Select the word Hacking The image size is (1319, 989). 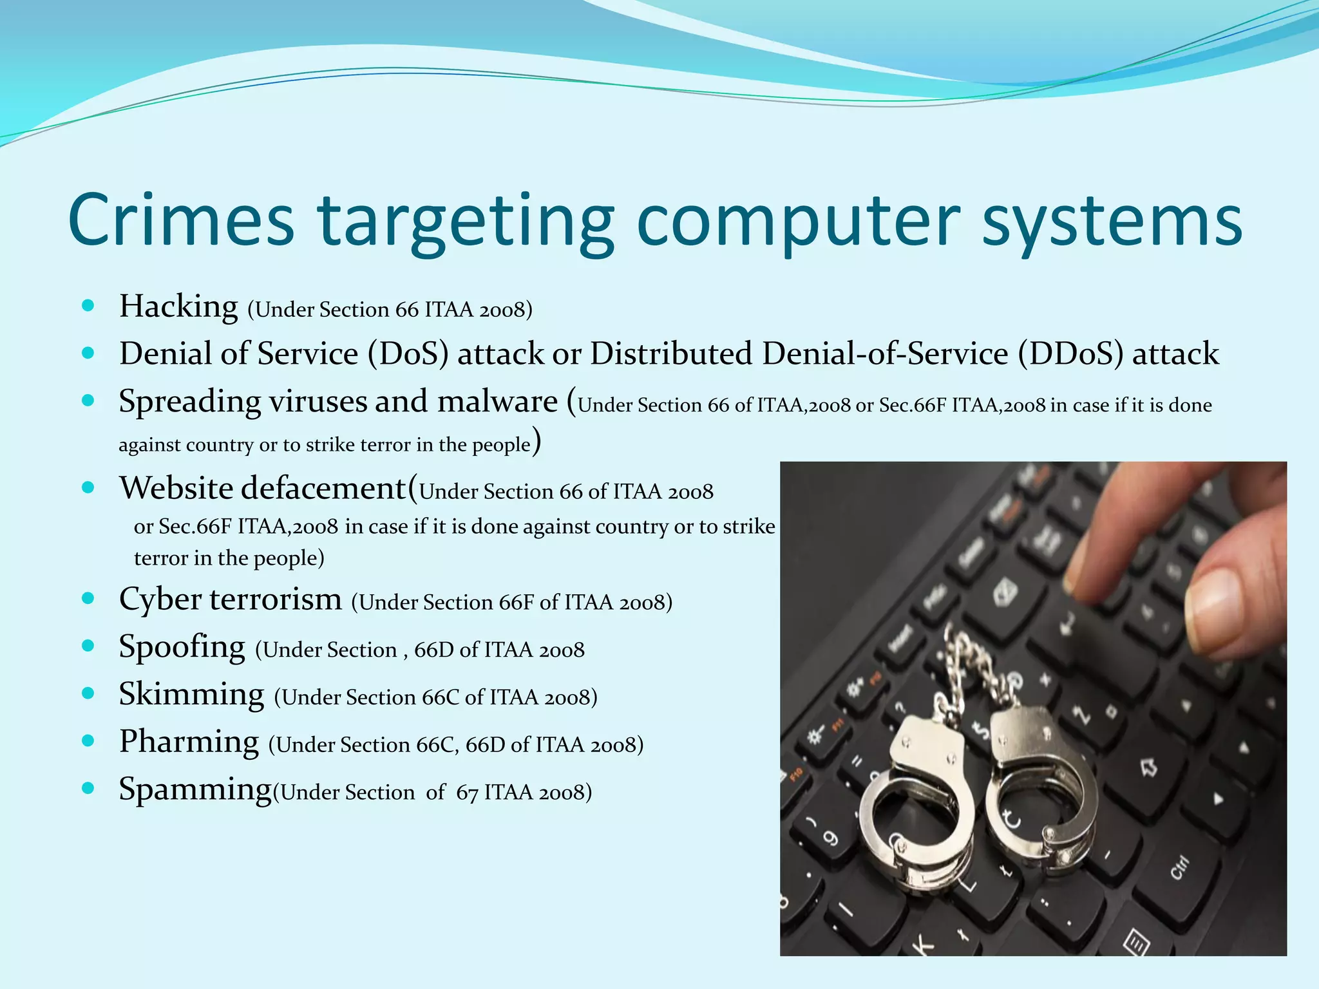[x=178, y=306]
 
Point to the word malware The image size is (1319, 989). [x=497, y=402]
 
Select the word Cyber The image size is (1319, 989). [x=160, y=599]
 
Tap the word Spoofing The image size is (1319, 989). [x=182, y=646]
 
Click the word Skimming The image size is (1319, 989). [x=191, y=694]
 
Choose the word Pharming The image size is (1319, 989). [x=189, y=742]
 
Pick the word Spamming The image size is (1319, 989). [x=195, y=789]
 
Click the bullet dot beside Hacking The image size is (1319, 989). [x=89, y=305]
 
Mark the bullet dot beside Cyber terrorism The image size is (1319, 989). [x=89, y=599]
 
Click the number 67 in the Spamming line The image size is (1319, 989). [x=467, y=793]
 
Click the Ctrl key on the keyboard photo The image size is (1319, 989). [x=1179, y=869]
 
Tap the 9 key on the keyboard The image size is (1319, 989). [x=831, y=838]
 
